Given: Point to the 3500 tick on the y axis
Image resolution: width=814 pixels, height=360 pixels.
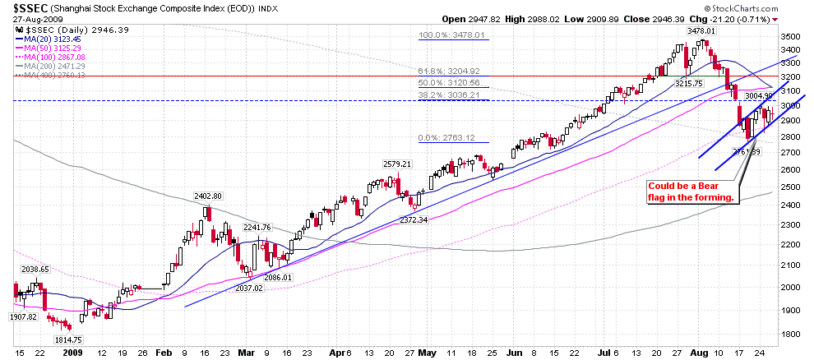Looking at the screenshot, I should coord(789,37).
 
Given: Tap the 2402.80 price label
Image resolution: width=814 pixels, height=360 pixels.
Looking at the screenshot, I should coord(209,196).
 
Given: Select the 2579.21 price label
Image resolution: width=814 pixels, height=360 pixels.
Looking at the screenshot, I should coord(400,164).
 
